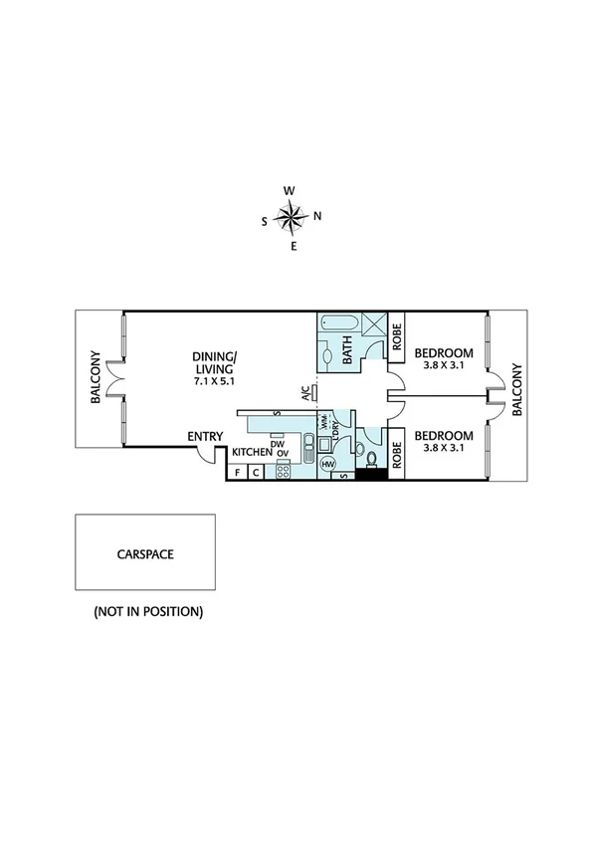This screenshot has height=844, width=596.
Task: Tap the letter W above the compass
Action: (290, 190)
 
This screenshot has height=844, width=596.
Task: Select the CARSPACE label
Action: (145, 554)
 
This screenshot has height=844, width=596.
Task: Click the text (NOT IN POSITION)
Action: (148, 611)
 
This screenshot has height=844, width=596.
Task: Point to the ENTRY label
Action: (206, 437)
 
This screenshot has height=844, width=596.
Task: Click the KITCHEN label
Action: (252, 452)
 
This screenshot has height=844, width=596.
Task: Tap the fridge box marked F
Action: (237, 473)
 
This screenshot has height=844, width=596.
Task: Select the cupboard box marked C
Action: (256, 473)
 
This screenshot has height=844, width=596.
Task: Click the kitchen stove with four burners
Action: (283, 472)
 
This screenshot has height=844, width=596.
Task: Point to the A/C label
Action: (306, 393)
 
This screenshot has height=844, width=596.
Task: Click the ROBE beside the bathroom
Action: (395, 339)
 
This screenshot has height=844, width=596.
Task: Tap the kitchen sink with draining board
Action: (309, 446)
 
